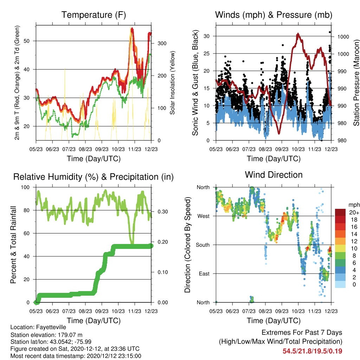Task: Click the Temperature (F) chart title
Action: [94, 15]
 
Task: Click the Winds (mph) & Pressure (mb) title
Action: [274, 15]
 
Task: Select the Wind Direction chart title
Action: [274, 175]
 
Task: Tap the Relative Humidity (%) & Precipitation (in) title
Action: [94, 177]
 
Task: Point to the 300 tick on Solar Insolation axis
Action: [162, 43]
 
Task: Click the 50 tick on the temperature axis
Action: [26, 41]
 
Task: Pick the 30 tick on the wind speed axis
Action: [206, 36]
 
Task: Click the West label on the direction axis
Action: [203, 216]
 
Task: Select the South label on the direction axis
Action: [202, 245]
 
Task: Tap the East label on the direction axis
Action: [204, 274]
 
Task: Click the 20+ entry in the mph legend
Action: [354, 212]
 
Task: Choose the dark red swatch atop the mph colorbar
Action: [340, 212]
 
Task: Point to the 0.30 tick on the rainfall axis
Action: [162, 212]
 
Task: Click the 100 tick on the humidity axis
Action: [25, 187]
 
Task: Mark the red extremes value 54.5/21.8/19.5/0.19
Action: [312, 351]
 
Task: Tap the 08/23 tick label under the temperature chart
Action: [85, 149]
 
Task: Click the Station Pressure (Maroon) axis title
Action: [356, 83]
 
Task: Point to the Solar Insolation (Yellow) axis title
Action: [172, 83]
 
